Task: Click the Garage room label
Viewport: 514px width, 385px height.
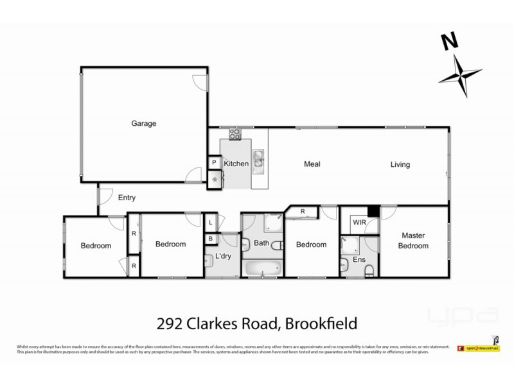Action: tap(144, 124)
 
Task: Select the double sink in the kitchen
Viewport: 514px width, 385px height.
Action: tap(258, 158)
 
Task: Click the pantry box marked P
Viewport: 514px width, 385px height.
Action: tap(214, 164)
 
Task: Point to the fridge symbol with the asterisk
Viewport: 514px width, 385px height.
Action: tap(214, 180)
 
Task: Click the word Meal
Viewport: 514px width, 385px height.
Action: tap(312, 164)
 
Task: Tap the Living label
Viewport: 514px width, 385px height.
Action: tap(400, 164)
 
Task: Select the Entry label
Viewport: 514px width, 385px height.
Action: tap(127, 198)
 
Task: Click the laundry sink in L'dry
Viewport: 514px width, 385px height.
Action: tap(209, 261)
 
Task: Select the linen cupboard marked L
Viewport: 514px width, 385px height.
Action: tap(211, 223)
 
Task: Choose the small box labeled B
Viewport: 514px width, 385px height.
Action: tap(211, 239)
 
